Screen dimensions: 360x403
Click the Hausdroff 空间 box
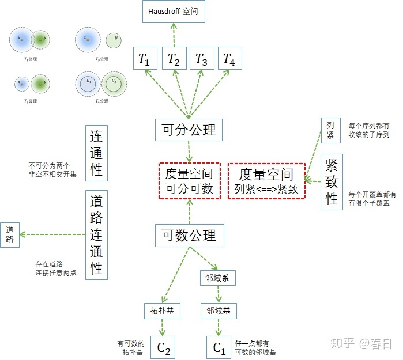click(174, 11)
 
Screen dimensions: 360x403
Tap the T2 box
click(174, 58)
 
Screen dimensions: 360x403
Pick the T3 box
click(201, 58)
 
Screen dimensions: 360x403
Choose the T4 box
click(229, 58)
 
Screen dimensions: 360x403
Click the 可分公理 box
click(189, 130)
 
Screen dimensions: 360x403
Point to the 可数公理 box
click(189, 235)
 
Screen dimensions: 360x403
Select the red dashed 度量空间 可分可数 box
click(189, 181)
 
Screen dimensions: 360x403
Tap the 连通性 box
click(96, 153)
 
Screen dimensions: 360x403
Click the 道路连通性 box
click(96, 234)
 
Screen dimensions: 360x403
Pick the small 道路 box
click(10, 234)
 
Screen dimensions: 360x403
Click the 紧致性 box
click(332, 182)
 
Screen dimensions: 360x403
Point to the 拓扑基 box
click(159, 311)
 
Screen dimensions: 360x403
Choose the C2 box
click(163, 347)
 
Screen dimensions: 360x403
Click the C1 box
click(219, 347)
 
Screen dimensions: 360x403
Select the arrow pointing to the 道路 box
click(52, 234)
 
